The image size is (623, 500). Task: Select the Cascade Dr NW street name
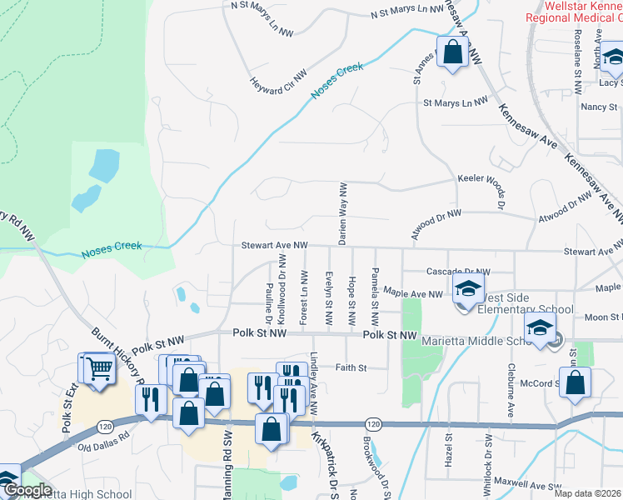tap(458, 272)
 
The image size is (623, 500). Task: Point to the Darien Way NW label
tap(341, 214)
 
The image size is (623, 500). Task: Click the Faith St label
tap(351, 367)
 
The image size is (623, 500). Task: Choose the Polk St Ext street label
tap(67, 411)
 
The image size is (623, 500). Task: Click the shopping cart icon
tap(97, 367)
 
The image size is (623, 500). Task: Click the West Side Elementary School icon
tap(468, 290)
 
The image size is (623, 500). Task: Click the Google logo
tap(28, 490)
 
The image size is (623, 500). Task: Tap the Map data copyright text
tap(588, 494)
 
